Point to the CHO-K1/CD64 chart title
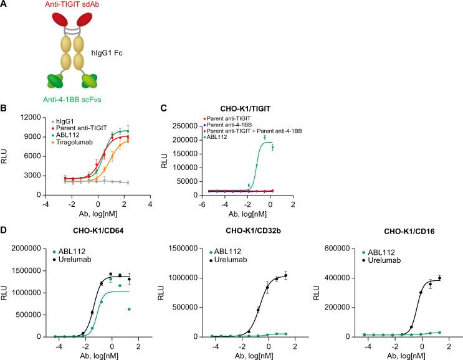[90, 234]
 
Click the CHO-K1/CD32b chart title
[251, 234]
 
